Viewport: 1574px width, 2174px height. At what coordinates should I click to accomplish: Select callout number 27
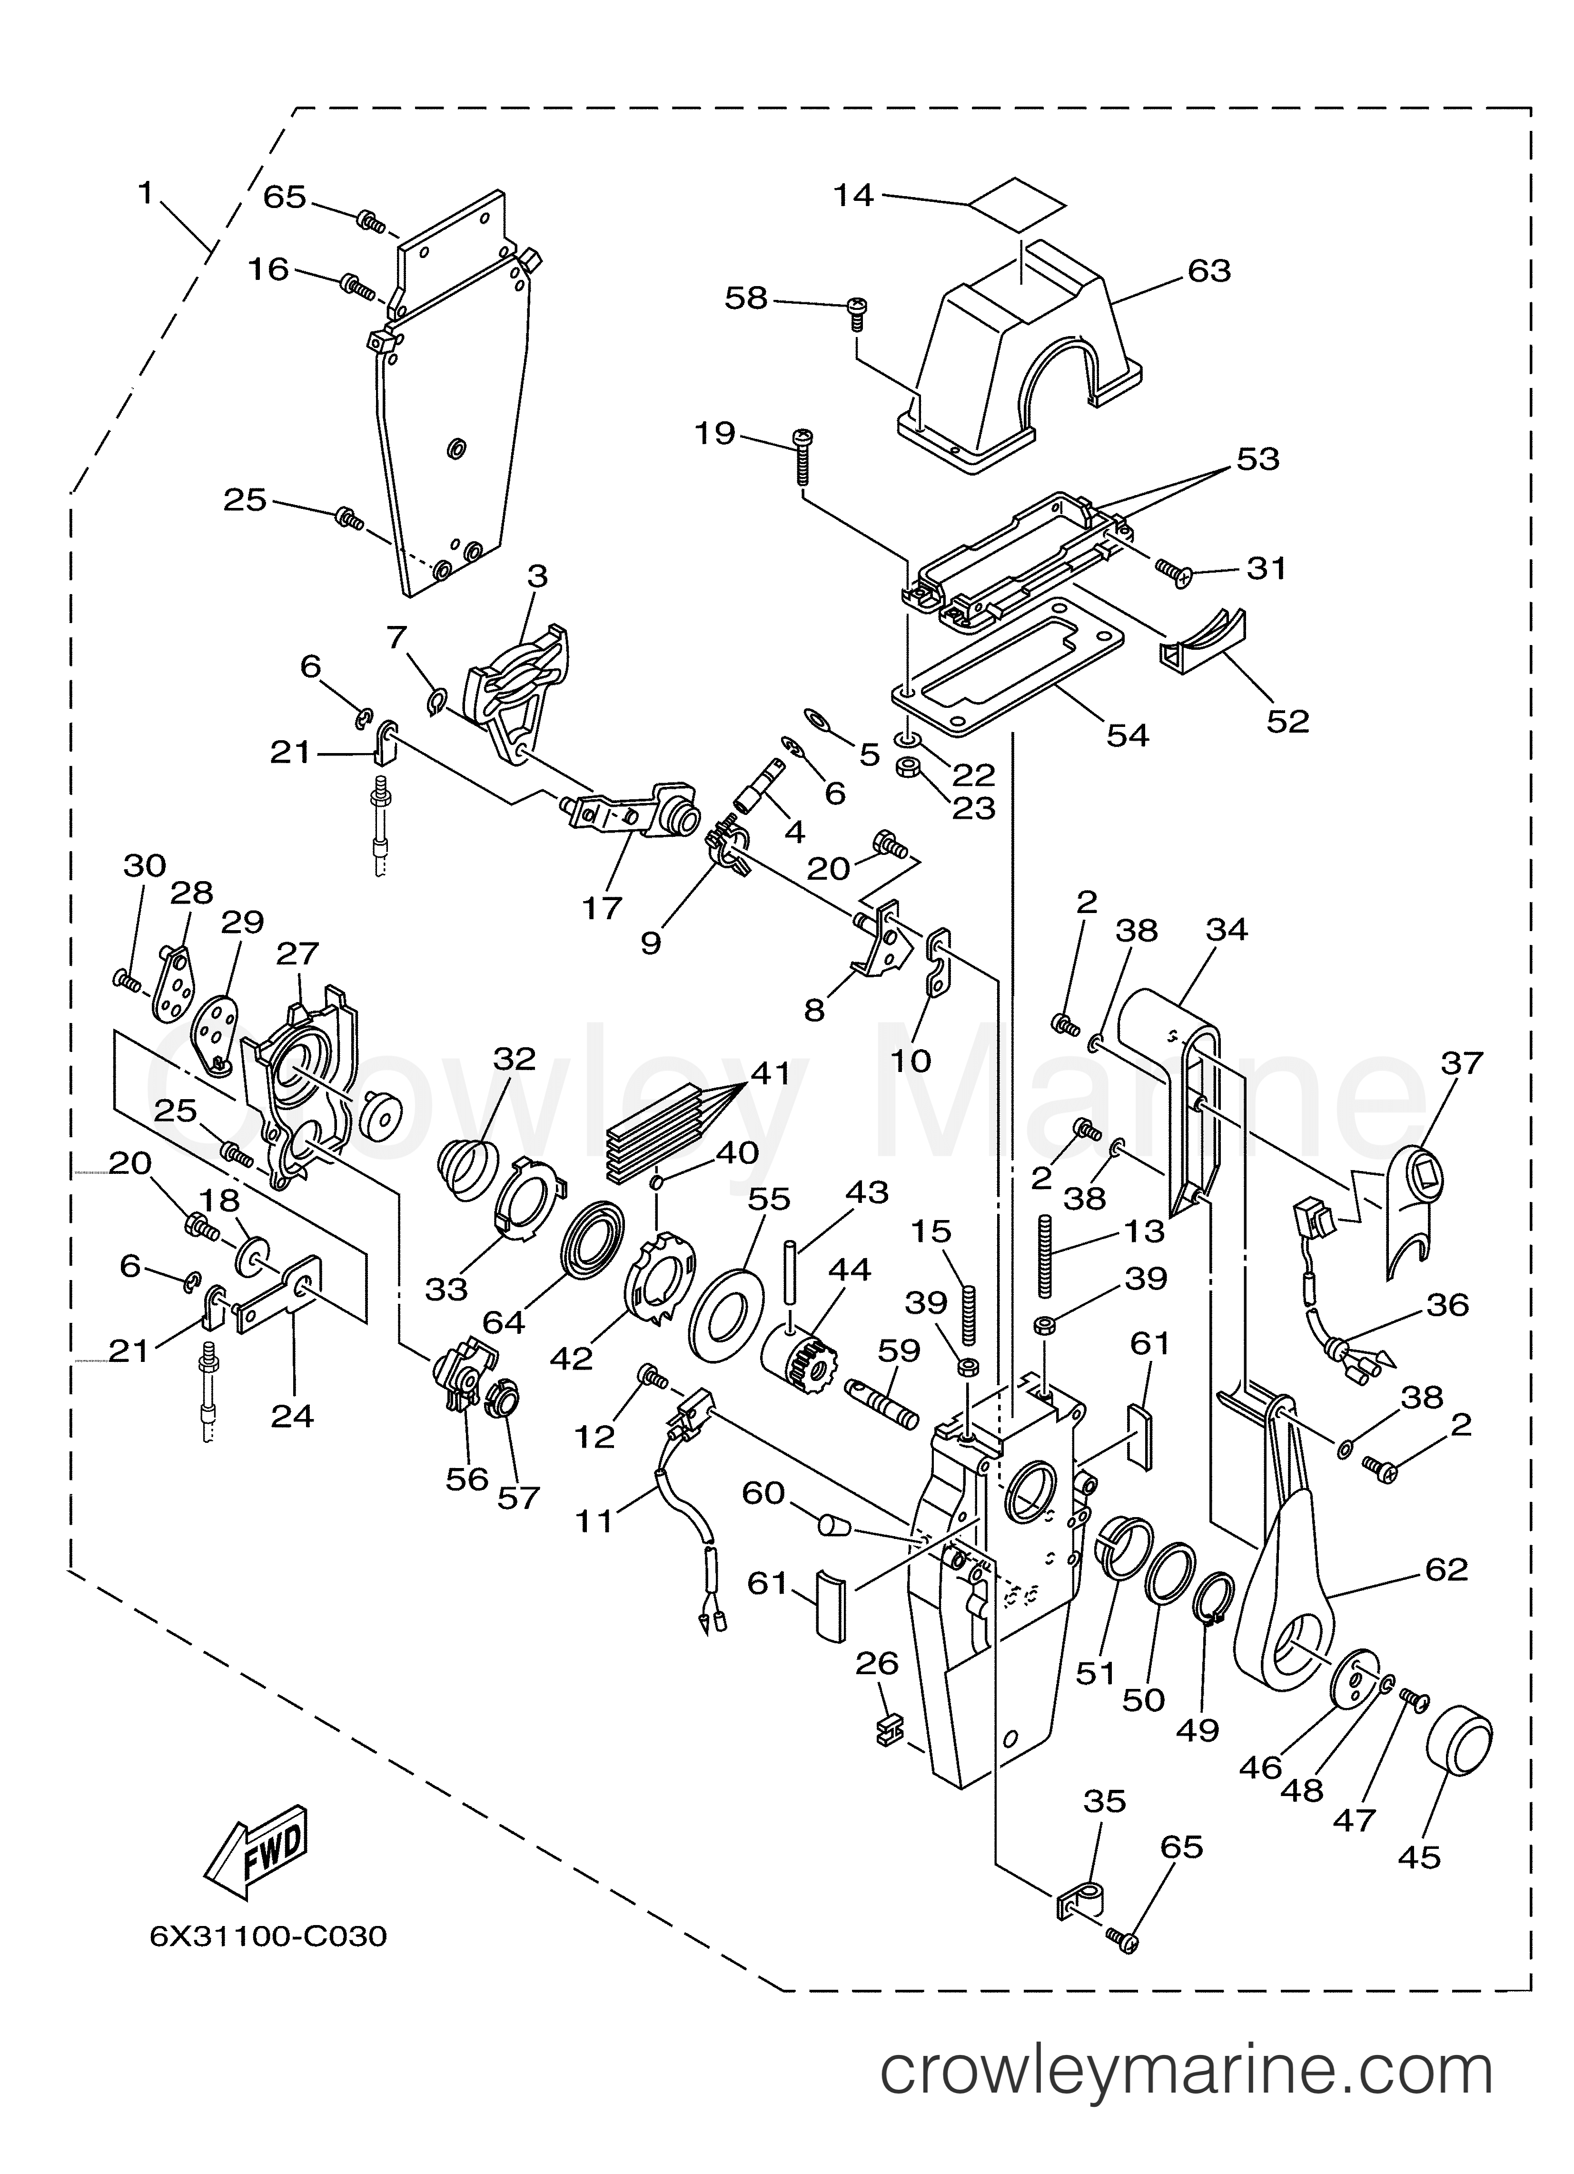coord(297,954)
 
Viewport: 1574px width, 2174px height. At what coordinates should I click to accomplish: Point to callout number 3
coord(537,576)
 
